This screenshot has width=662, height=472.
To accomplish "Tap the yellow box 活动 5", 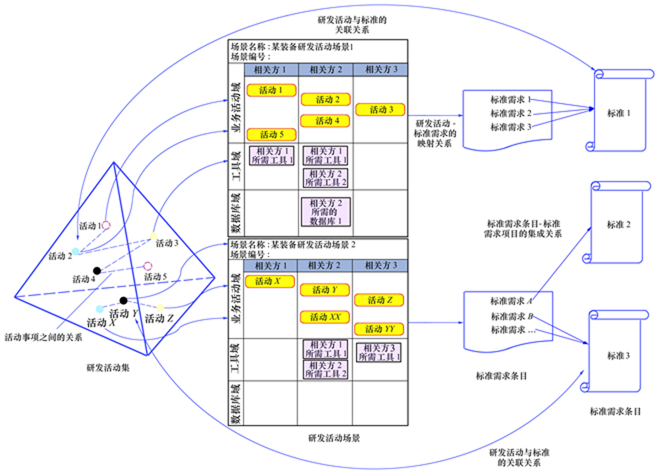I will tap(271, 134).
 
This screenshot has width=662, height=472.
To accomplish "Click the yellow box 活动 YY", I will tap(380, 329).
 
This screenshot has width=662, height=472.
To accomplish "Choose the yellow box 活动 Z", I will tap(380, 300).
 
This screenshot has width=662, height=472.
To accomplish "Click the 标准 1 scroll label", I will tap(618, 113).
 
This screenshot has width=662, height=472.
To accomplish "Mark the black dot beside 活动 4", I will tap(97, 270).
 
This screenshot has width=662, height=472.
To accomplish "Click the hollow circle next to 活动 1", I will tap(106, 225).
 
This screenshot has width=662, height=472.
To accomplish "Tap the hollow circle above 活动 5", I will tap(147, 266).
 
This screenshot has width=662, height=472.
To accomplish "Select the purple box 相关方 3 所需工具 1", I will tap(380, 352).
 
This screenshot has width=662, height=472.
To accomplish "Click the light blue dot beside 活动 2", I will tap(76, 251).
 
